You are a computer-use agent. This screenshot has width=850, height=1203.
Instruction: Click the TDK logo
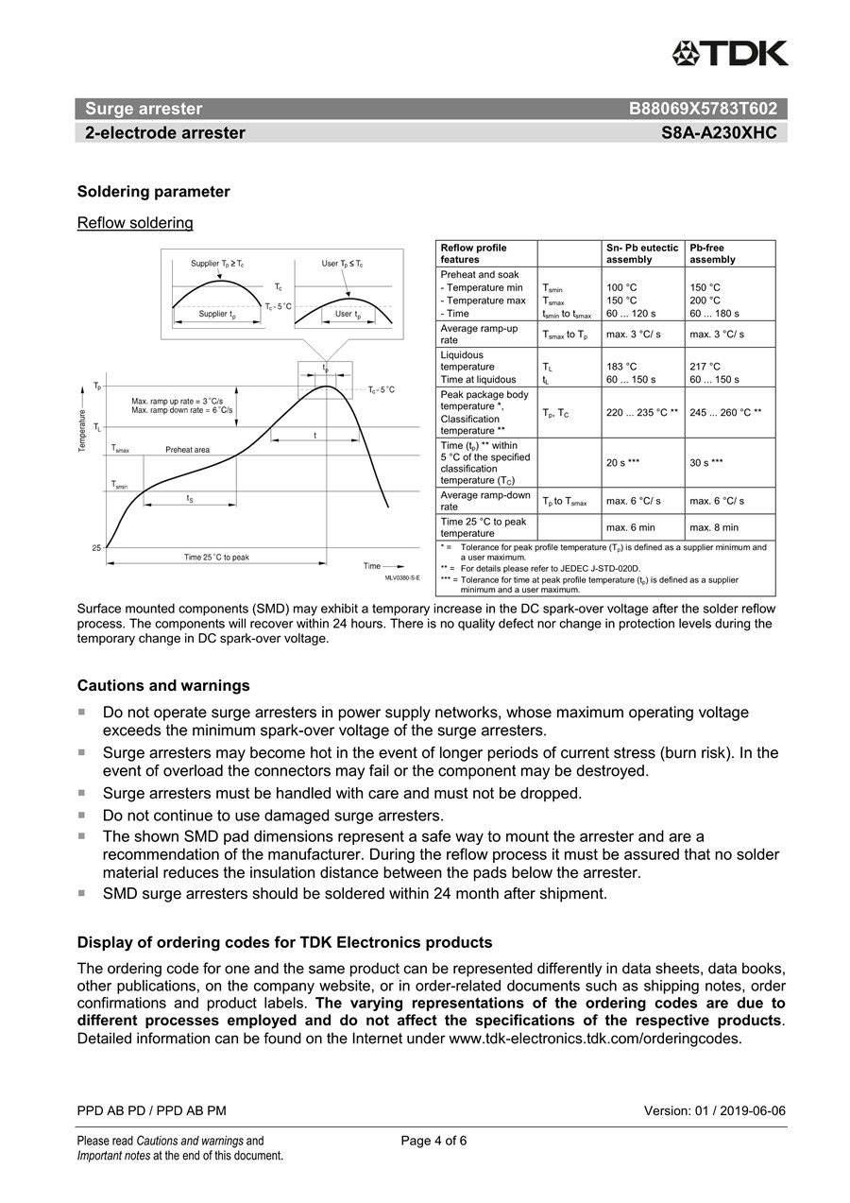pos(730,54)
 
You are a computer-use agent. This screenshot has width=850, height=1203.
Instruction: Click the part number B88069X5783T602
pos(703,109)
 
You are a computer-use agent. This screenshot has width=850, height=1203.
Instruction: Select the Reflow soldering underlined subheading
pos(135,223)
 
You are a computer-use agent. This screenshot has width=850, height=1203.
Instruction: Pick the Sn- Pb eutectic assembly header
pos(642,253)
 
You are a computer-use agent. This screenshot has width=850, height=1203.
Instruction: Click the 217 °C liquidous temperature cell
pos(705,367)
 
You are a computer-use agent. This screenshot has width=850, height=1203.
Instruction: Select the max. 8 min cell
pos(714,527)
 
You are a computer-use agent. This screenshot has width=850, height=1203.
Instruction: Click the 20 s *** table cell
pos(623,463)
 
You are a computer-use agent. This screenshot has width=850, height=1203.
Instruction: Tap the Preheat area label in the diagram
pos(187,450)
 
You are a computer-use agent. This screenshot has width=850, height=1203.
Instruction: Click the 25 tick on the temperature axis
pos(96,548)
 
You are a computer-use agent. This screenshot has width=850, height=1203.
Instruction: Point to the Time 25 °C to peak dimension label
pos(216,558)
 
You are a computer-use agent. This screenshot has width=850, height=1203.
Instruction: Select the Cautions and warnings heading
pos(163,685)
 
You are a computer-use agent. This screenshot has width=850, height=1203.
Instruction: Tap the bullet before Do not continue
pos(82,814)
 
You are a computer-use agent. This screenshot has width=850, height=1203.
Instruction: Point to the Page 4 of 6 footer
pos(433,1141)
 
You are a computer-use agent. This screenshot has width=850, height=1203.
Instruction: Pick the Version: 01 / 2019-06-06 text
pos(714,1110)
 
